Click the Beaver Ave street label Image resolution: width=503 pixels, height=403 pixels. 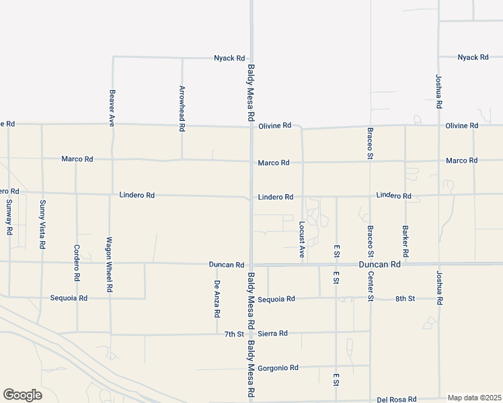(112, 108)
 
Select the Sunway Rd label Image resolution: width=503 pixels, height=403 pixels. (9, 217)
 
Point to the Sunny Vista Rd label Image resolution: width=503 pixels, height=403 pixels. (42, 224)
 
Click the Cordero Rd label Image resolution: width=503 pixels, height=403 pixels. (77, 263)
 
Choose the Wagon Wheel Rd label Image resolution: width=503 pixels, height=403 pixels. (109, 264)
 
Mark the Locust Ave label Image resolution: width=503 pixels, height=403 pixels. (302, 238)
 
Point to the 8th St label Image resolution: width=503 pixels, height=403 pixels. (405, 298)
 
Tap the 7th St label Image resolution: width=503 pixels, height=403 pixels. (234, 334)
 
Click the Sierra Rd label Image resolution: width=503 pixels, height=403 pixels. (273, 333)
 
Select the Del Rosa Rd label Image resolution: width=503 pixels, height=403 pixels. (397, 398)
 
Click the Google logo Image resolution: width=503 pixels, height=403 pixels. (22, 395)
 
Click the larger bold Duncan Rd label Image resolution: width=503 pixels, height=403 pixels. (379, 265)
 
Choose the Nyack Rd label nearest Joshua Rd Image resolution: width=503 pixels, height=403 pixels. (473, 58)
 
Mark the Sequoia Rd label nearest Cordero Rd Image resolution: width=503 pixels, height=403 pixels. (69, 298)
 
